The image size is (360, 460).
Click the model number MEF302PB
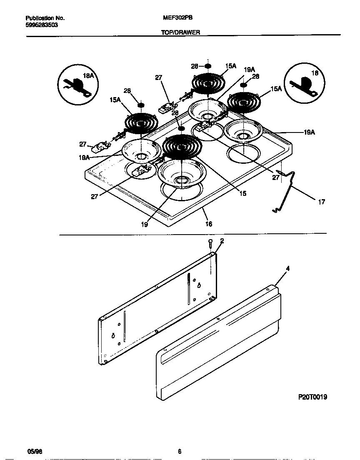click(x=177, y=18)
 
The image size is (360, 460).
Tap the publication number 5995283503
click(x=42, y=25)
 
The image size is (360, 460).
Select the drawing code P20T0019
click(x=312, y=397)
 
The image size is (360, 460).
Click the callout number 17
click(x=321, y=202)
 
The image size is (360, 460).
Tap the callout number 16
click(x=209, y=224)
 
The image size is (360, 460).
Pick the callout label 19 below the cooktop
click(x=144, y=224)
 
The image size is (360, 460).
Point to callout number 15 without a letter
click(x=243, y=193)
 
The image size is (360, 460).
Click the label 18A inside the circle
click(x=88, y=76)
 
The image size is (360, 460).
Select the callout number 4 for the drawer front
click(x=287, y=268)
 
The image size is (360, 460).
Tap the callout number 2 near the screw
click(x=222, y=241)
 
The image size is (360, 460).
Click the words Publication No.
click(x=45, y=18)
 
